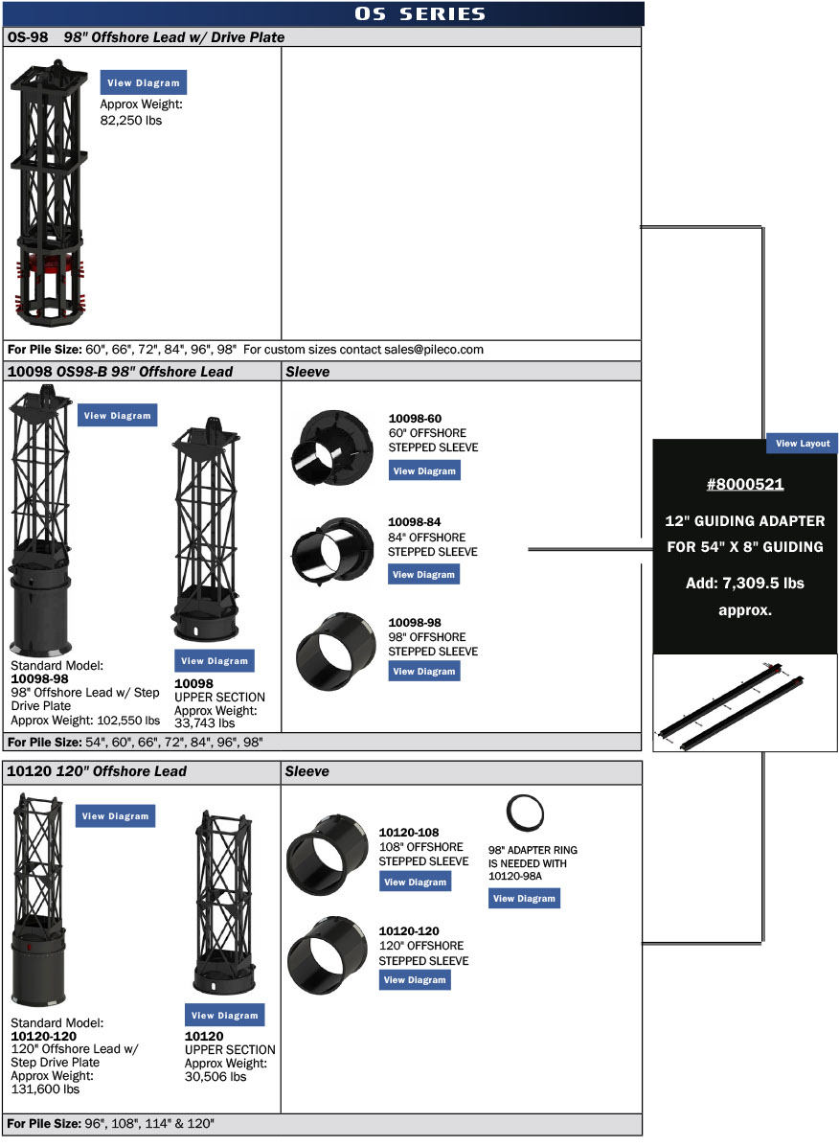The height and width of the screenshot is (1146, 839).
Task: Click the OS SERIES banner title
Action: pos(419,13)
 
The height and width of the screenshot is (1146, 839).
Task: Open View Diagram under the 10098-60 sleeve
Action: pos(424,470)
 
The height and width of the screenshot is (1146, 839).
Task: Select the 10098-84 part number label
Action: pos(415,522)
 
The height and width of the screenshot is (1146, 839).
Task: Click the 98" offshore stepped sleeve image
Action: pos(329,646)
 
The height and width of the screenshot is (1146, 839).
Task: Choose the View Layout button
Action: pos(803,444)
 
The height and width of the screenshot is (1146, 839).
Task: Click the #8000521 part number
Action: pos(745,485)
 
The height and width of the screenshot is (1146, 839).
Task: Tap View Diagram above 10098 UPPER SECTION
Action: pos(215,661)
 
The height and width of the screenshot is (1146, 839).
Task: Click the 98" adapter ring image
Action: pos(525,814)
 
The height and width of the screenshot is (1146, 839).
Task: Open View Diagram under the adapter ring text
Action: pos(524,899)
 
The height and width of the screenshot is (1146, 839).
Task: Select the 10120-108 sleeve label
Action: pos(409,833)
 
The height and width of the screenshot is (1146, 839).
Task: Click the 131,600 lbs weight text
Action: pos(45,1089)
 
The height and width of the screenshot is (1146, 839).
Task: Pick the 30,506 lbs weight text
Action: pos(215,1076)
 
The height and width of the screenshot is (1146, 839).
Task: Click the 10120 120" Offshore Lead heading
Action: pos(97,771)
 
